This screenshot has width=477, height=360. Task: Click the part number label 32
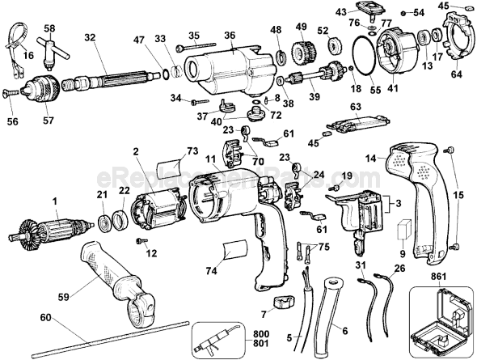click(x=89, y=36)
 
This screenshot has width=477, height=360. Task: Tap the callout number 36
click(x=230, y=35)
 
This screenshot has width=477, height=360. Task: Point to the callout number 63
click(x=355, y=105)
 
